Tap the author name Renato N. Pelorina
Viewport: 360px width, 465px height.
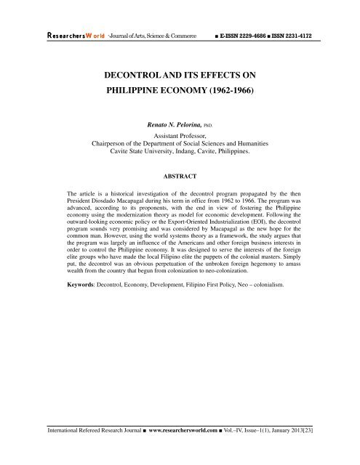(x=173, y=126)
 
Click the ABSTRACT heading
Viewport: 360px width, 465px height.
(x=180, y=175)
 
